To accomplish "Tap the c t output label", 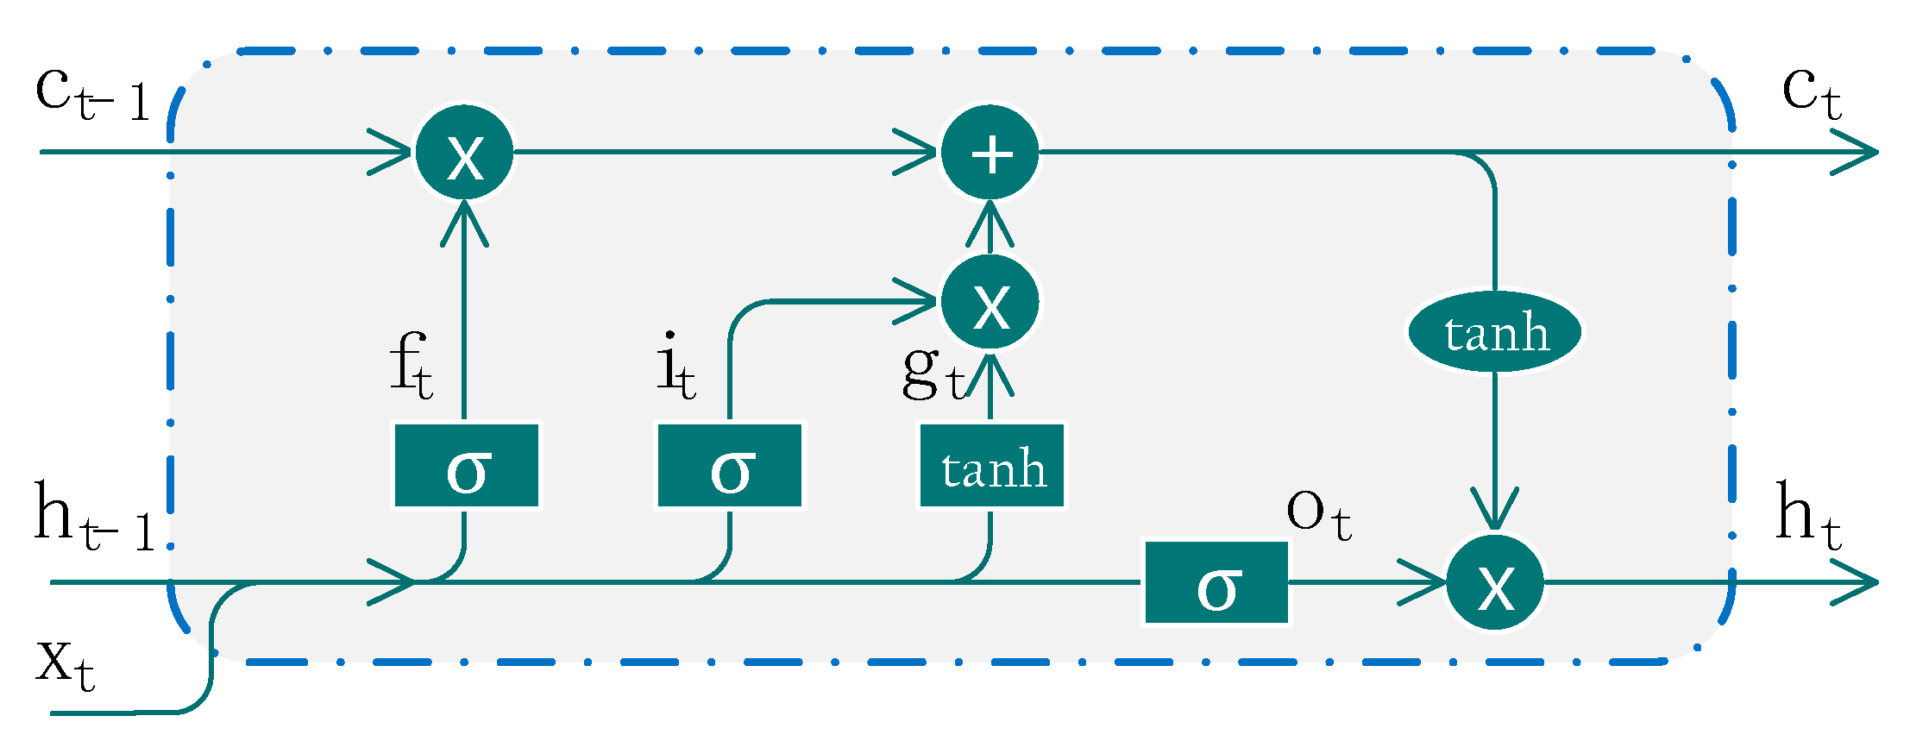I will click(1811, 93).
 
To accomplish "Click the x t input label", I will click(65, 664).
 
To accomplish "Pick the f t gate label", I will click(411, 367).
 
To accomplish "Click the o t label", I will click(1317, 514).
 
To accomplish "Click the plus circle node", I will click(990, 153).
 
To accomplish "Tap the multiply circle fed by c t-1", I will click(465, 153).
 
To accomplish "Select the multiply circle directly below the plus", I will click(990, 302).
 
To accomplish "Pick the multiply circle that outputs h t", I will click(1495, 582).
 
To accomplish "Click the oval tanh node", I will click(1495, 333).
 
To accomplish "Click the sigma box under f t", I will click(467, 466).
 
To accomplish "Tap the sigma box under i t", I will click(730, 466).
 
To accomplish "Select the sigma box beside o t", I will click(1216, 582).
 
